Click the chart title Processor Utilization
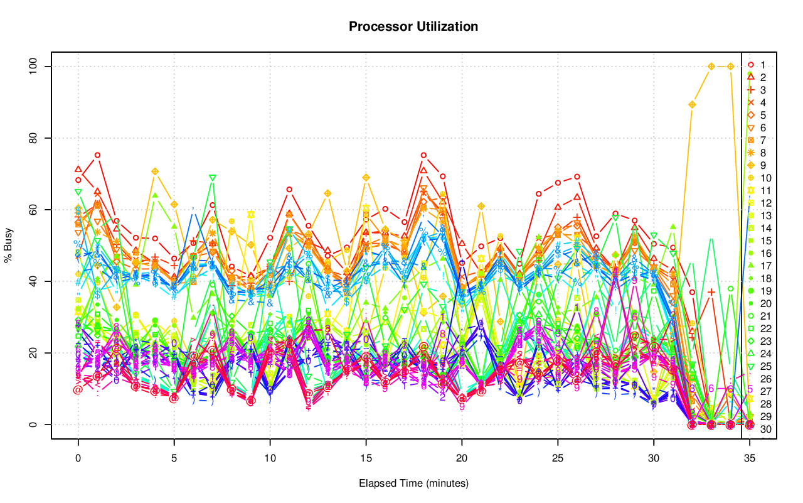pos(413,26)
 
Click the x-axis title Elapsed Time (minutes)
pos(413,484)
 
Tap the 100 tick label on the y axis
pos(35,66)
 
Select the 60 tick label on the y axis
pos(35,209)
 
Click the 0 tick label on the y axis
pos(35,425)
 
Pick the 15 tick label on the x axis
pos(366,459)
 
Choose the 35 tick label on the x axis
pos(750,459)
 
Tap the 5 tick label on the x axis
pos(174,459)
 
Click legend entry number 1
pos(762,65)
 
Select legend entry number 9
pos(762,165)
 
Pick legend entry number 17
pos(764,266)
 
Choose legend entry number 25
pos(764,366)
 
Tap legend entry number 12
pos(764,203)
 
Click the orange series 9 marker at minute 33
pos(711,66)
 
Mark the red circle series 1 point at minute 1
pos(97,154)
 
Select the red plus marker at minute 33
pos(711,292)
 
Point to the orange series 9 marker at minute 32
pos(692,104)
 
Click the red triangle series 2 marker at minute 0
pos(78,169)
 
